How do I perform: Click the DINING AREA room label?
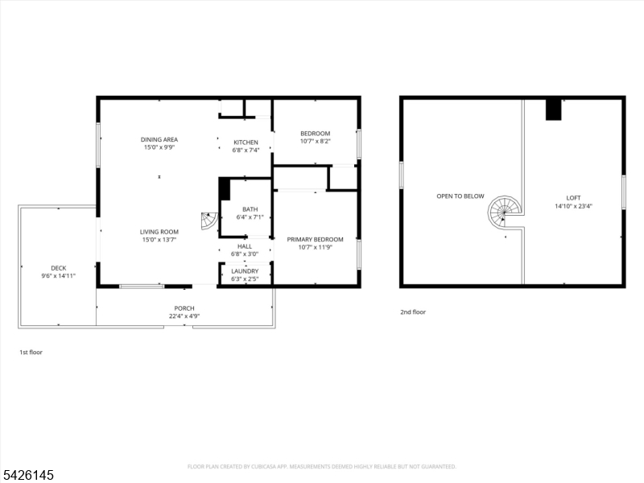(159, 139)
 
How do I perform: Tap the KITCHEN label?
(246, 142)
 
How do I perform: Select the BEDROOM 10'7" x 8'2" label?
(316, 134)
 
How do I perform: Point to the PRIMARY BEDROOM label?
(316, 239)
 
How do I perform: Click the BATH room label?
(250, 209)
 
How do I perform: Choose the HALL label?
(245, 246)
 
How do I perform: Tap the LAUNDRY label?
(245, 271)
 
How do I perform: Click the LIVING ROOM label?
(159, 232)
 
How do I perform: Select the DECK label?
(59, 269)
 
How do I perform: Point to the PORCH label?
(184, 308)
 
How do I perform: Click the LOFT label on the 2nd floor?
(573, 198)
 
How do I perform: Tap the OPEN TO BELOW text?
(460, 196)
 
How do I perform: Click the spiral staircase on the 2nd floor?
(505, 213)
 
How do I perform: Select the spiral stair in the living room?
(209, 221)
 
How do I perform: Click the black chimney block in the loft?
(553, 109)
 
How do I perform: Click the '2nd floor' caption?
(413, 312)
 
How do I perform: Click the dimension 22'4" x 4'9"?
(184, 316)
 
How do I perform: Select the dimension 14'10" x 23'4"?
(573, 206)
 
